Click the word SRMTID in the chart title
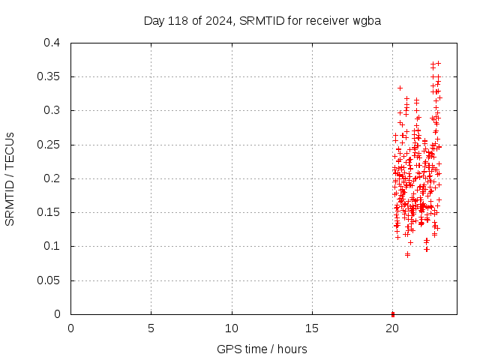tap(262, 20)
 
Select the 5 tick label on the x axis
tap(151, 328)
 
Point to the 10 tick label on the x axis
tap(232, 328)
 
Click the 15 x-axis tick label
tap(312, 328)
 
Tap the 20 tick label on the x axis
tap(393, 328)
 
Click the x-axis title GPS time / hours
tap(262, 349)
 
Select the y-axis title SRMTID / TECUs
tap(10, 178)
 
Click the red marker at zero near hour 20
tap(393, 313)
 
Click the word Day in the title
tap(153, 20)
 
